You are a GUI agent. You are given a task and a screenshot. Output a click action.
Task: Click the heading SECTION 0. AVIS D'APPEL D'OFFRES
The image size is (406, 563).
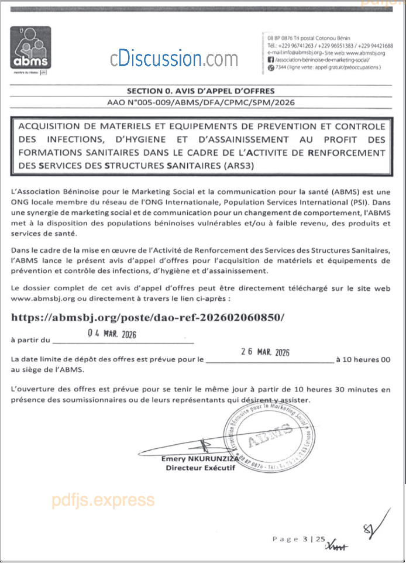tap(201, 91)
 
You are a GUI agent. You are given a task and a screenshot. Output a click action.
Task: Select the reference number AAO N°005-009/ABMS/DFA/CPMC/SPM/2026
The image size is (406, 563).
tap(201, 102)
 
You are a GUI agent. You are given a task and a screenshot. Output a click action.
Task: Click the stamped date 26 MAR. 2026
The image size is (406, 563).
tap(265, 352)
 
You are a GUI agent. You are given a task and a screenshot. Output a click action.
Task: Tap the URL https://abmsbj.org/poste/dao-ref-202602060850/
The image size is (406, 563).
tap(149, 317)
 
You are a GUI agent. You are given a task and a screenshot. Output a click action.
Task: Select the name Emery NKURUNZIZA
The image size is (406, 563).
tap(196, 459)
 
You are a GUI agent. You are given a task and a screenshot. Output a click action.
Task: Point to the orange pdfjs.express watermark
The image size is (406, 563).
tap(103, 500)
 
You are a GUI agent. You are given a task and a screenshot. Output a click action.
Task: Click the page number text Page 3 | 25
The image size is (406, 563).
tap(298, 539)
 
